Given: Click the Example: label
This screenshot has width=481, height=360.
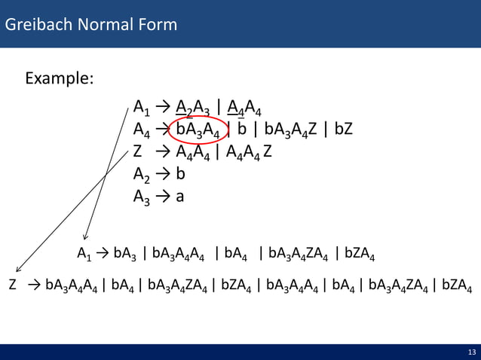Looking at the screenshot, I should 60,78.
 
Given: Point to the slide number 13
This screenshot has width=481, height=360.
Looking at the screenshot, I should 471,352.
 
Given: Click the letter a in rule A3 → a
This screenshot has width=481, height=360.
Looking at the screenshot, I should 180,196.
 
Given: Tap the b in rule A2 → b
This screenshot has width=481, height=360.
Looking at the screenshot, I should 180,173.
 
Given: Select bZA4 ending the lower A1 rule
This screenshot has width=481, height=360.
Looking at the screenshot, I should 360,253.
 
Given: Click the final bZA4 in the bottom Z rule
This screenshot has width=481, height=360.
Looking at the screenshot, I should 457,286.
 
